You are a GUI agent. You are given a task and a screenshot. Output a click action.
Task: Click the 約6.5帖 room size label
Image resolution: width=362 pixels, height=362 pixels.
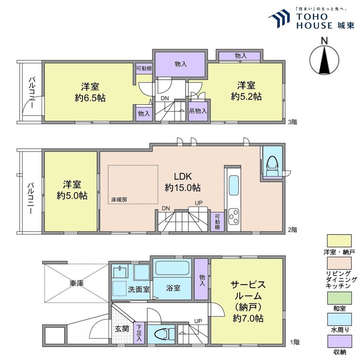coord(90,98)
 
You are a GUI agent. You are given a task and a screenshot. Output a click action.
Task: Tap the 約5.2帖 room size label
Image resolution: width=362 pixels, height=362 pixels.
coord(246,97)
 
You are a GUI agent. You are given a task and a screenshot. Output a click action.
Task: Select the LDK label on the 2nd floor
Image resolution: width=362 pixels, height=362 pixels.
coord(182,176)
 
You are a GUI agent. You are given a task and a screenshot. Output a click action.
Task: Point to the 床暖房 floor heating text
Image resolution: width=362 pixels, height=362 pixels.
coord(119,200)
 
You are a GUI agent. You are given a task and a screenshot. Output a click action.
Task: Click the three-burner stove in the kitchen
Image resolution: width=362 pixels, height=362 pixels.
coord(234,217)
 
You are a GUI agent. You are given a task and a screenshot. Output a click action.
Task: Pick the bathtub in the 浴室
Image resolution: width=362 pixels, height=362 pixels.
coord(172,268)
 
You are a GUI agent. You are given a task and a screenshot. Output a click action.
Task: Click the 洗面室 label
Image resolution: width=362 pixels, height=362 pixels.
coord(139,289)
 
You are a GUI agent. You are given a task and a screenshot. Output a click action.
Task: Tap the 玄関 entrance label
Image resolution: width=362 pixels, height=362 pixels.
coord(122,329)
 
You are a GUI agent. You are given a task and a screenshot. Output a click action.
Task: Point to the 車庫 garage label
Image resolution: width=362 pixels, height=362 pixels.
coord(77,283)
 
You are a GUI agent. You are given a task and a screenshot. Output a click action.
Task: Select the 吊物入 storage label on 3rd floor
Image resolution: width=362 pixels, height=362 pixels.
coord(198,111)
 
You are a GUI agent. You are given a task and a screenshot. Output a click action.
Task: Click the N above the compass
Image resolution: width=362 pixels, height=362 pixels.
coord(325,41)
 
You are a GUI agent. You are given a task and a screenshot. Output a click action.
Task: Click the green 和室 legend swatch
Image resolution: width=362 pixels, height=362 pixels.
coord(339,298)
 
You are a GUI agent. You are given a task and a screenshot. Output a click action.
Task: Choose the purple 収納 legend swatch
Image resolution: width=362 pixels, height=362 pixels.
coord(339,341)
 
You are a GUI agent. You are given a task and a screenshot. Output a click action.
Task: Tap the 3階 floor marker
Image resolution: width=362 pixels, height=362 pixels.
coord(292,122)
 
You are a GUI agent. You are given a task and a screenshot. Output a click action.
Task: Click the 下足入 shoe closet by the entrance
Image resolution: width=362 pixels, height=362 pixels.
coord(139,333)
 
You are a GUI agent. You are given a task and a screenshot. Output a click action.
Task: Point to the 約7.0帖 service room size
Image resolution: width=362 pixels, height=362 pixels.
coord(248,319)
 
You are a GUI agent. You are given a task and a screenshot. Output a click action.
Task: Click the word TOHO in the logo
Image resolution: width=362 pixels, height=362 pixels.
coord(312,16)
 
